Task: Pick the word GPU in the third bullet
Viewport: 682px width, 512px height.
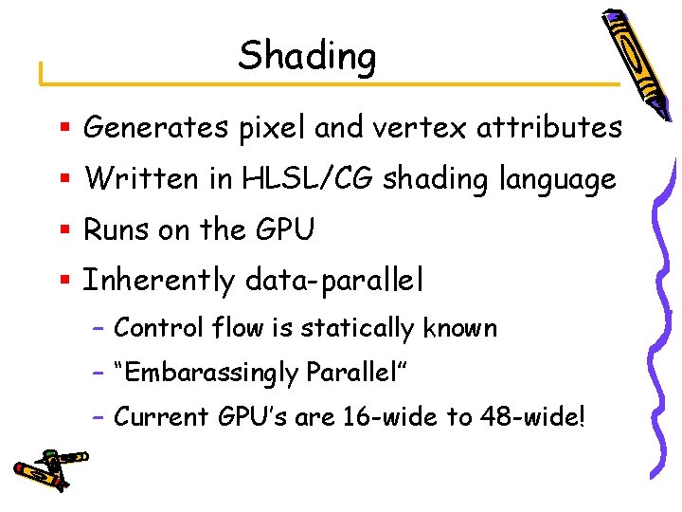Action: point(284,229)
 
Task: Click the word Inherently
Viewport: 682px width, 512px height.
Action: point(158,281)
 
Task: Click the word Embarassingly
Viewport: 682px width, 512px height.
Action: point(205,374)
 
